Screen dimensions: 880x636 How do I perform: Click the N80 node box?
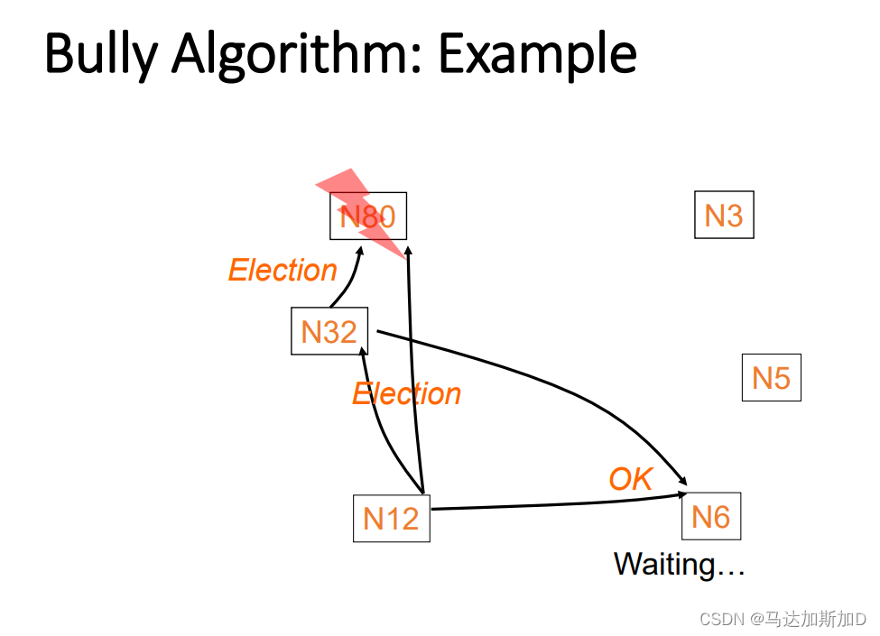tap(367, 217)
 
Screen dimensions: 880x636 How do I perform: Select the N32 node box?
tap(329, 331)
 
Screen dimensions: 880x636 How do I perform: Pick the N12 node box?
tap(391, 518)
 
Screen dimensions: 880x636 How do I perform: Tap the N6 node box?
tap(710, 516)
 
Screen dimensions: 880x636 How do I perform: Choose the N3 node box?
tap(724, 216)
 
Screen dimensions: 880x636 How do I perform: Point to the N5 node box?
tap(771, 377)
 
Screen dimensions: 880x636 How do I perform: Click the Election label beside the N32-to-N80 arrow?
tap(283, 270)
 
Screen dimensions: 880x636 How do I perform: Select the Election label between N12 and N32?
tap(406, 394)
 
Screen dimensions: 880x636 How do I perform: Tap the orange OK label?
tap(630, 479)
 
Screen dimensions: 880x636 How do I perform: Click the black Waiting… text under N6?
tap(679, 565)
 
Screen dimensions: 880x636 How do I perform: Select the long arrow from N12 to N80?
tap(415, 379)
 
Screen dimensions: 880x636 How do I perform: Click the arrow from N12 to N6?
tap(560, 503)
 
